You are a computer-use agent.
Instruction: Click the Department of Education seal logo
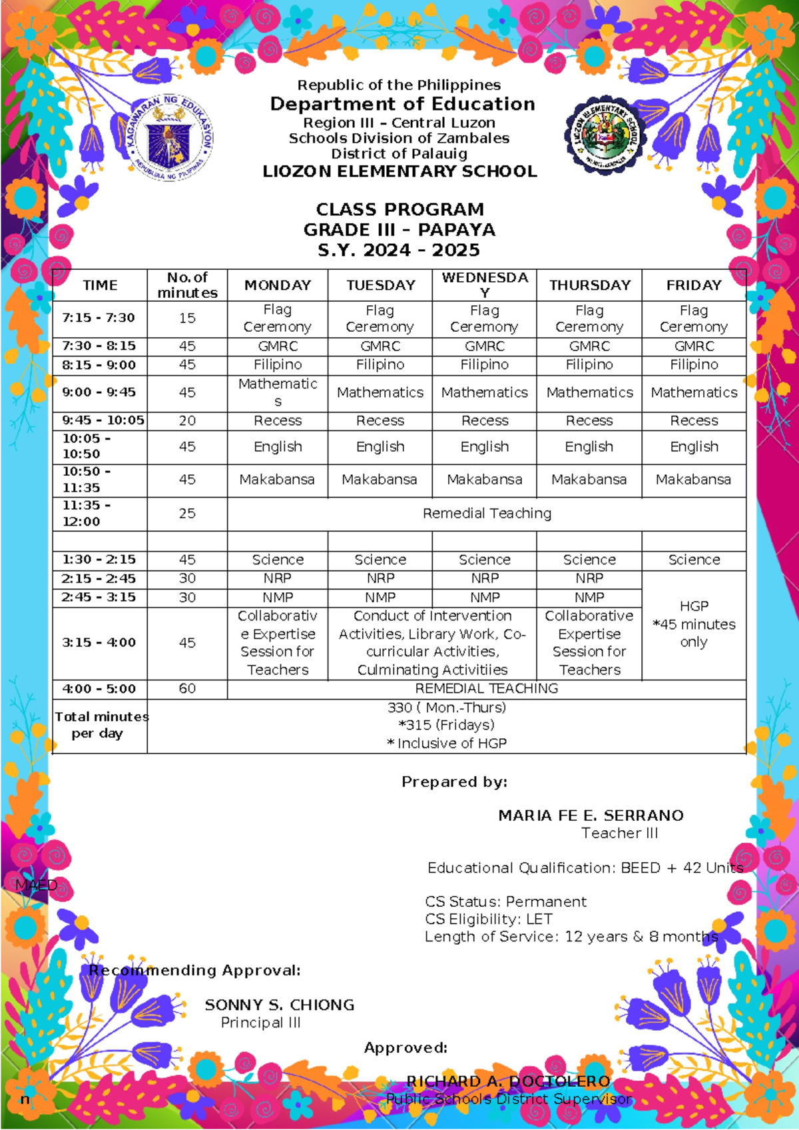pyautogui.click(x=170, y=138)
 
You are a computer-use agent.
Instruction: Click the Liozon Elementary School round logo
pyautogui.click(x=605, y=136)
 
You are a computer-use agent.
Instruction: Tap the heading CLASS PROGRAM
pyautogui.click(x=400, y=209)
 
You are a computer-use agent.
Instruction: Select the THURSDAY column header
pyautogui.click(x=590, y=285)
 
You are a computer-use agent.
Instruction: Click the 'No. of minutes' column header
pyautogui.click(x=187, y=285)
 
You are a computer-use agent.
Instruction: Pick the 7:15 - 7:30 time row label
pyautogui.click(x=99, y=318)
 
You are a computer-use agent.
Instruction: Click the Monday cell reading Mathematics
pyautogui.click(x=278, y=392)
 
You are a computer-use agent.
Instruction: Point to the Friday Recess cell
pyautogui.click(x=694, y=420)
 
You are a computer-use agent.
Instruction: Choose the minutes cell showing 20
pyautogui.click(x=187, y=420)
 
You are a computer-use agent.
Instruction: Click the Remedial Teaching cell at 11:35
pyautogui.click(x=487, y=513)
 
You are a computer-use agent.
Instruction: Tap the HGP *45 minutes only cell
pyautogui.click(x=694, y=624)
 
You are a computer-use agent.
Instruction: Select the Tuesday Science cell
pyautogui.click(x=380, y=560)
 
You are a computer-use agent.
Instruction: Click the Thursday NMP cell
pyautogui.click(x=589, y=598)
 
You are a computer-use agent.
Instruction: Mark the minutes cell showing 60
pyautogui.click(x=187, y=688)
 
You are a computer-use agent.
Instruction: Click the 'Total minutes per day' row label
pyautogui.click(x=99, y=725)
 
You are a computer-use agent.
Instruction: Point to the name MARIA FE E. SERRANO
pyautogui.click(x=591, y=816)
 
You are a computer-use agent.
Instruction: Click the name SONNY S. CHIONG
pyautogui.click(x=279, y=1005)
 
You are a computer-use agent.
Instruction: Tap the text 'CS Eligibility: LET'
pyautogui.click(x=489, y=919)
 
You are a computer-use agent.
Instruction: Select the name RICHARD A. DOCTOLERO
pyautogui.click(x=508, y=1081)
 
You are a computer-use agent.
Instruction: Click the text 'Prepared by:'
pyautogui.click(x=454, y=782)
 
